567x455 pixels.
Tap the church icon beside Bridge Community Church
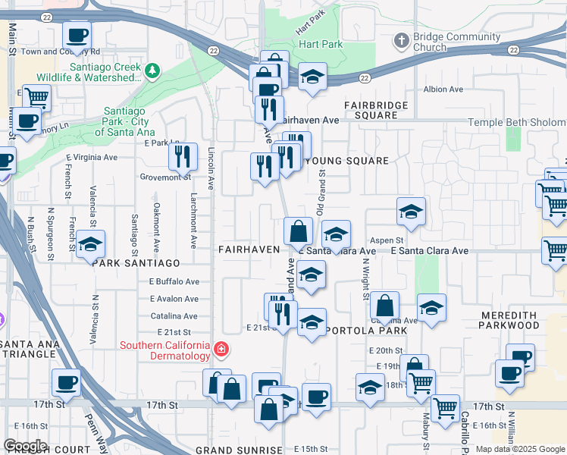pos(402,39)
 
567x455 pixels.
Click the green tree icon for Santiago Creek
pos(153,71)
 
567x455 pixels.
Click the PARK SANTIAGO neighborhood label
pos(136,263)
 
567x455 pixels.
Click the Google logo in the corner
pos(25,446)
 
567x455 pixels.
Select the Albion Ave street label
pos(443,89)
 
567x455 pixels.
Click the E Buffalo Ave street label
pos(173,281)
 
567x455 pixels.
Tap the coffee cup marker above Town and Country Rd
pos(77,34)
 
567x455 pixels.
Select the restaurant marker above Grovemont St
pos(183,155)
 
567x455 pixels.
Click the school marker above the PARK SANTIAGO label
pos(91,244)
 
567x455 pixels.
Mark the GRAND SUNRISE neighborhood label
pos(233,450)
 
